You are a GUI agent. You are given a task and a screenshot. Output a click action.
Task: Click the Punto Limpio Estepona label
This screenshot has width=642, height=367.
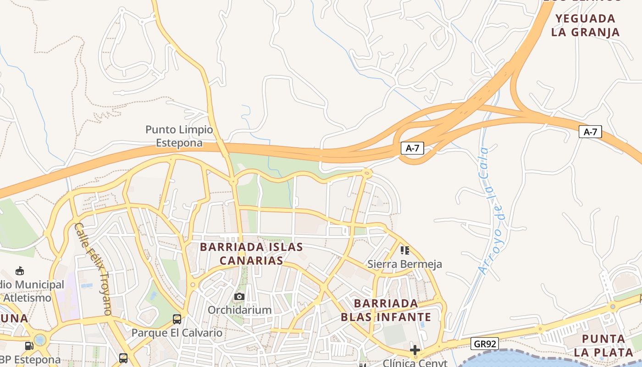[x=179, y=136]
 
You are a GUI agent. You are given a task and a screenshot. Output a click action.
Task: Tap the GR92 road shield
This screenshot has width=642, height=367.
[x=484, y=344]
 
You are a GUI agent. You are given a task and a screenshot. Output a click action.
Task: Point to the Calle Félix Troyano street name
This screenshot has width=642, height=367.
[x=94, y=268]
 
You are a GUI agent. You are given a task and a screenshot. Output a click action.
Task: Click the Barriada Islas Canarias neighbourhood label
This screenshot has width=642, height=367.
[x=251, y=254]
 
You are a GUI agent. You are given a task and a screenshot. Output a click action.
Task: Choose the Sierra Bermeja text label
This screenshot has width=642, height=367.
[x=404, y=264]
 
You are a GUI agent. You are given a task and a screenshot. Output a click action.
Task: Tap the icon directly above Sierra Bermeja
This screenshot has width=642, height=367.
[x=404, y=250]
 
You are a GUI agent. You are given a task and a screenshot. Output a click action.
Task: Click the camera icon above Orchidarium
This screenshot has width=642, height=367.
[x=239, y=297]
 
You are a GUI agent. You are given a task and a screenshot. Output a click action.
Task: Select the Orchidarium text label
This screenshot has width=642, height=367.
[x=239, y=310]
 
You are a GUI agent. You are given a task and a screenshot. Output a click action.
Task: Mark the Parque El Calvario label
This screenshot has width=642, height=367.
[x=177, y=333]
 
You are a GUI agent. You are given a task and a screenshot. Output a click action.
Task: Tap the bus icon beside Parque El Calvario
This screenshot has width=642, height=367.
[x=177, y=319]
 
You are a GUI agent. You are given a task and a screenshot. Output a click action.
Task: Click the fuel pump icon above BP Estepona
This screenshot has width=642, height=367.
[x=29, y=345]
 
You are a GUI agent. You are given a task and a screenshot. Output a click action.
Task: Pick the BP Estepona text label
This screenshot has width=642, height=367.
[x=30, y=359]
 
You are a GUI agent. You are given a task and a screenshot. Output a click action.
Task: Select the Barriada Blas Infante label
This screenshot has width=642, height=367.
[x=386, y=310]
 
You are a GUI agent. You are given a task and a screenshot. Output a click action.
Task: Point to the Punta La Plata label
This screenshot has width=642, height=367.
[x=603, y=346]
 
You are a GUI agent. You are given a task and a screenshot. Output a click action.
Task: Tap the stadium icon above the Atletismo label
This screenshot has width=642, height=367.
[x=20, y=271]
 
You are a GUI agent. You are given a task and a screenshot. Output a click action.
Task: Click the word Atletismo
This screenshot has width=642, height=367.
[x=28, y=298]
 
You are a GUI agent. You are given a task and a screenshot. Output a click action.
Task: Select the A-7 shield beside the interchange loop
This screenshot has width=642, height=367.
[x=412, y=148]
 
